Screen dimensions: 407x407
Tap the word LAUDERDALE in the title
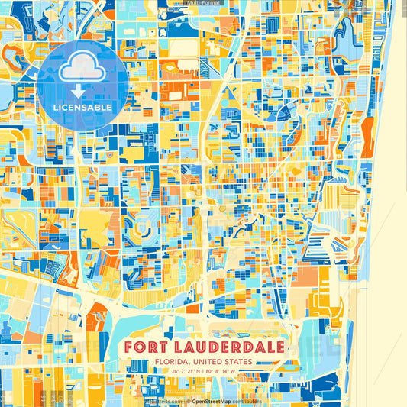coord(231,347)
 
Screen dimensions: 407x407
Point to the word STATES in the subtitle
coord(235,363)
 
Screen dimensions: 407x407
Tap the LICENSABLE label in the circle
coord(83,108)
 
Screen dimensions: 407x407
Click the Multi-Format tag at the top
coord(203,3)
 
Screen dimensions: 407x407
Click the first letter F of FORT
coord(129,347)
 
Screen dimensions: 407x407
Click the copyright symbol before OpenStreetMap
coord(188,401)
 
